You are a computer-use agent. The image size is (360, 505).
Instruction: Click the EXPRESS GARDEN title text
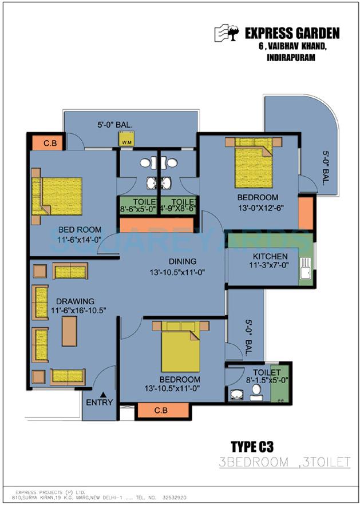pos(292,33)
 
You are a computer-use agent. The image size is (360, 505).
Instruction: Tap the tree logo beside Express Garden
pos(228,33)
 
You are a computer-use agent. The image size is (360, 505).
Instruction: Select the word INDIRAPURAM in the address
pos(291,58)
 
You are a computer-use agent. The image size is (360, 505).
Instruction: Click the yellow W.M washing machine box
pos(126,139)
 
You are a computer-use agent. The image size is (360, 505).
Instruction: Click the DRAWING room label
pos(75,301)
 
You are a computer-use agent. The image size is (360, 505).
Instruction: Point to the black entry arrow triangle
pos(104,394)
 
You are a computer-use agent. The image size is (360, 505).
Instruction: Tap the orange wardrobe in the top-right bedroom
pos(306,212)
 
